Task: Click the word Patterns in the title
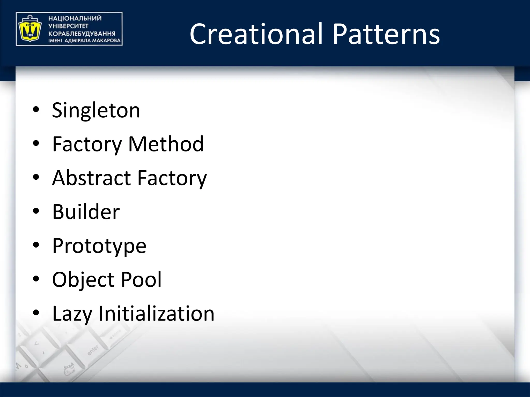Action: [386, 34]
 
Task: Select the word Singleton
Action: [96, 110]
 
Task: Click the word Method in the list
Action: [166, 144]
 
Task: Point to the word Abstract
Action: [92, 178]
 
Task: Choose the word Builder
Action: [86, 212]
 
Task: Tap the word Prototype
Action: [99, 246]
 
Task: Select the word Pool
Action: [141, 280]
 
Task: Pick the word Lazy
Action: [72, 314]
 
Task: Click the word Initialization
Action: [157, 314]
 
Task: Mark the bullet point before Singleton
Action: [36, 110]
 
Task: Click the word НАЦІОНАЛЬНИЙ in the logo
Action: [75, 18]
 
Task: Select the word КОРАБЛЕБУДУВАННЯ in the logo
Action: [82, 34]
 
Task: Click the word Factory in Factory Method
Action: [87, 144]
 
